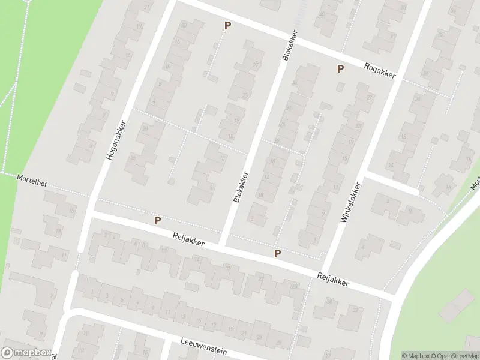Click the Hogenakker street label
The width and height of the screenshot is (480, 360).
(117, 139)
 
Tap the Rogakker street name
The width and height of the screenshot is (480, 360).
(379, 70)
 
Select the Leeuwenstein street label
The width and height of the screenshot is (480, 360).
(203, 346)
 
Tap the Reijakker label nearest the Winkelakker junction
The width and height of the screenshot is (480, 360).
(332, 280)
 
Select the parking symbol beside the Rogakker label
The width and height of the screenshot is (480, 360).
(340, 69)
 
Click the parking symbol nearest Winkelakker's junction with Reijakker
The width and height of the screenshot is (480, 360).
(277, 254)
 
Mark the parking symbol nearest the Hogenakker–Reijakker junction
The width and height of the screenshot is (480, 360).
(157, 220)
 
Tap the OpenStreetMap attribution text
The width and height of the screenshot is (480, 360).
(454, 356)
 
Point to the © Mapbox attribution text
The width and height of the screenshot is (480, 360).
(415, 356)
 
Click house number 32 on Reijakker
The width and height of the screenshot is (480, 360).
(355, 310)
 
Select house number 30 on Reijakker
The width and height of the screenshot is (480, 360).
(330, 301)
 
